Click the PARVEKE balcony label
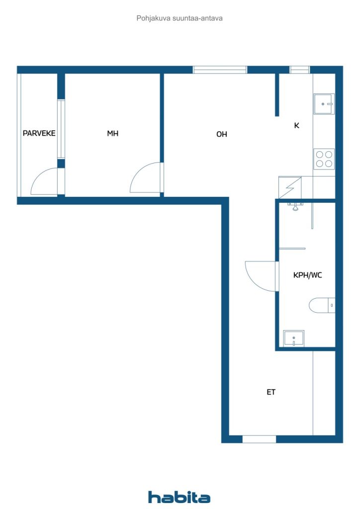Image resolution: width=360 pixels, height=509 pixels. tap(39, 133)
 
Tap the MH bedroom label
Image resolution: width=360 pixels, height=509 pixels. tap(113, 133)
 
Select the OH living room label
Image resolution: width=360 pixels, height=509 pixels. tap(222, 134)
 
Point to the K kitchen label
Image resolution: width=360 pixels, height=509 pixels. tap(296, 125)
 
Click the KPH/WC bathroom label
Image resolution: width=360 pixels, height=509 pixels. tap(307, 275)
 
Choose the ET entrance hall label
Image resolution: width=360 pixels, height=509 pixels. tap(271, 392)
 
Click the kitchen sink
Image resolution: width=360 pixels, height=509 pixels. tap(324, 104)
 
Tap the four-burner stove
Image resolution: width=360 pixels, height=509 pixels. tap(324, 159)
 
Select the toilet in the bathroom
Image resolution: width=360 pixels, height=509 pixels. tap(322, 306)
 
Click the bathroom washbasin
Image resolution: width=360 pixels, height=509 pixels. tap(294, 339)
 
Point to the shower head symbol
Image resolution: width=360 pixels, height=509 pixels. tap(295, 206)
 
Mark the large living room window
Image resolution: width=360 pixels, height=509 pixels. tap(220, 70)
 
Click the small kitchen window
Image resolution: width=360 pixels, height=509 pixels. tap(300, 70)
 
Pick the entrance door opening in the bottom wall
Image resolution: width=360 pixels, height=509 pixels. tap(259, 439)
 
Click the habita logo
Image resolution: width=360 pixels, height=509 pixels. tap(179, 497)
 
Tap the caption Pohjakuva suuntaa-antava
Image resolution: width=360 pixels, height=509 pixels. tap(180, 18)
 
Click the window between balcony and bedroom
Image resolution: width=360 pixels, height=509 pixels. tap(61, 129)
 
